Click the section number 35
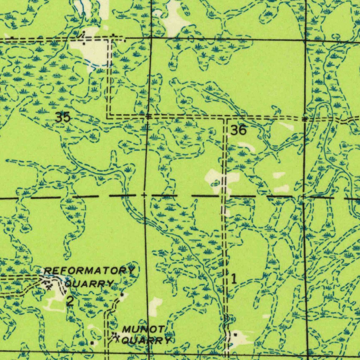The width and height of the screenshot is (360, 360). coord(63,117)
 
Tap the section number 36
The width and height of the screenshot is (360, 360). coord(238,131)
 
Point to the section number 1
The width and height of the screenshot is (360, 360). coord(234,279)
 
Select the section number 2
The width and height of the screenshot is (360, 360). coord(70,301)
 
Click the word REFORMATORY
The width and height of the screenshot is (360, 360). coord(89,271)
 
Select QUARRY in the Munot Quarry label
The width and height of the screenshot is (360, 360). coord(147,340)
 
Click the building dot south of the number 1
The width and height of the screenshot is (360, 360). coord(235,335)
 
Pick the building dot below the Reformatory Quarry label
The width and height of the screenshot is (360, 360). coord(122,295)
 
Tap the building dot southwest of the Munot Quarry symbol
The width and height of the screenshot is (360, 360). coord(92,342)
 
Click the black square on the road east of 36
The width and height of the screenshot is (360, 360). coord(304,119)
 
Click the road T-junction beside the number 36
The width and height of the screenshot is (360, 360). coord(225,118)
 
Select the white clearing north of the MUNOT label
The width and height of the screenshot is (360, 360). coord(155,306)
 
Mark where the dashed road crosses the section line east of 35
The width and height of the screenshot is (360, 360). coord(148,116)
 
